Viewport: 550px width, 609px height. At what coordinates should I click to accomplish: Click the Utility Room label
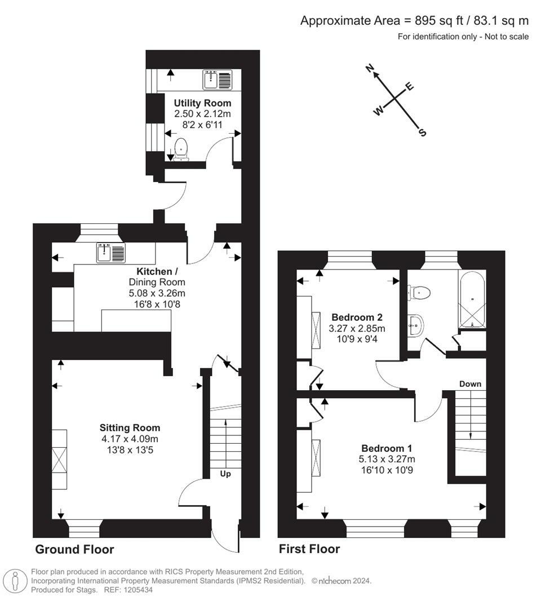click(x=202, y=103)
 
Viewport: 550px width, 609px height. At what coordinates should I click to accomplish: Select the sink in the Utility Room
click(x=217, y=80)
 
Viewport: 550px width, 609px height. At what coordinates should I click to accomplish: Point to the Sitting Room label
click(x=130, y=428)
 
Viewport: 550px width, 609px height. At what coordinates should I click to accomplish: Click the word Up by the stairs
click(x=225, y=474)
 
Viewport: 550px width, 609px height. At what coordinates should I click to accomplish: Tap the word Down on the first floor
click(x=470, y=384)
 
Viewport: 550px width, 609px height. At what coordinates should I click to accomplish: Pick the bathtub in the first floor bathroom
click(x=472, y=301)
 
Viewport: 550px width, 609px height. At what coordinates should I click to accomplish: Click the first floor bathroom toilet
click(x=419, y=292)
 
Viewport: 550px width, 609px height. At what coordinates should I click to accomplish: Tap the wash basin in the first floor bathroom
click(x=416, y=325)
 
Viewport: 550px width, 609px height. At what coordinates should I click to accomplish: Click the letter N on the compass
click(x=370, y=69)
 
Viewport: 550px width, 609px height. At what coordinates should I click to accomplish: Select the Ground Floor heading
click(x=74, y=549)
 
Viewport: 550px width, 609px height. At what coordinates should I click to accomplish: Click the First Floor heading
click(x=309, y=549)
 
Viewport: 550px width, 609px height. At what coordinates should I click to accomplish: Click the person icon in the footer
click(x=16, y=580)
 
